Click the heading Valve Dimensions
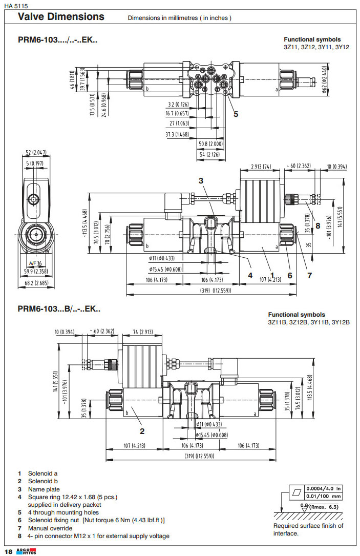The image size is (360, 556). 61,16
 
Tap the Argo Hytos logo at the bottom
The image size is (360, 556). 24,550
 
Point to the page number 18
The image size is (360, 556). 8,551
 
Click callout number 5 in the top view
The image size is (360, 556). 236,114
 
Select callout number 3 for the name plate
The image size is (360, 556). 201,180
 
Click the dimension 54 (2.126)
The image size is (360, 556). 210,154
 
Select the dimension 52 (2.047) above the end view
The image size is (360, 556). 35,152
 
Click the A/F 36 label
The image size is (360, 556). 35,264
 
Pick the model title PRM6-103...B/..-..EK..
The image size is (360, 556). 59,309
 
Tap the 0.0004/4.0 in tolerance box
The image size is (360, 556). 323,488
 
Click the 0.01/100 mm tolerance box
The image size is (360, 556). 323,496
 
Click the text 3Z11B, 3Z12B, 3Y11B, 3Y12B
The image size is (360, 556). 308,322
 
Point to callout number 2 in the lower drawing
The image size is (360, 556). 142,430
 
